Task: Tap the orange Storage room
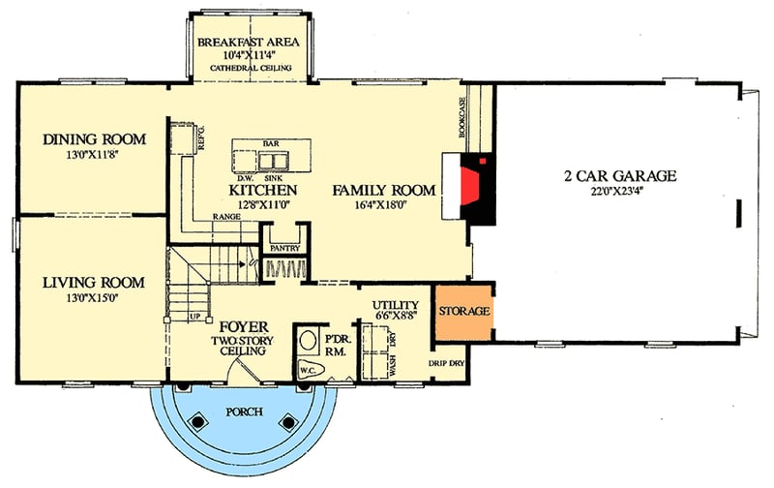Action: point(463,312)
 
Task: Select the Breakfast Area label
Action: point(249,43)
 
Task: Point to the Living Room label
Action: point(94,283)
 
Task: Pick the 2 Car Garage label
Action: point(619,176)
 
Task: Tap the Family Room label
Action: point(383,190)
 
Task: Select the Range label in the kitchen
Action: point(228,229)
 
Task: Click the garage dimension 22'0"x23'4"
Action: point(619,193)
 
